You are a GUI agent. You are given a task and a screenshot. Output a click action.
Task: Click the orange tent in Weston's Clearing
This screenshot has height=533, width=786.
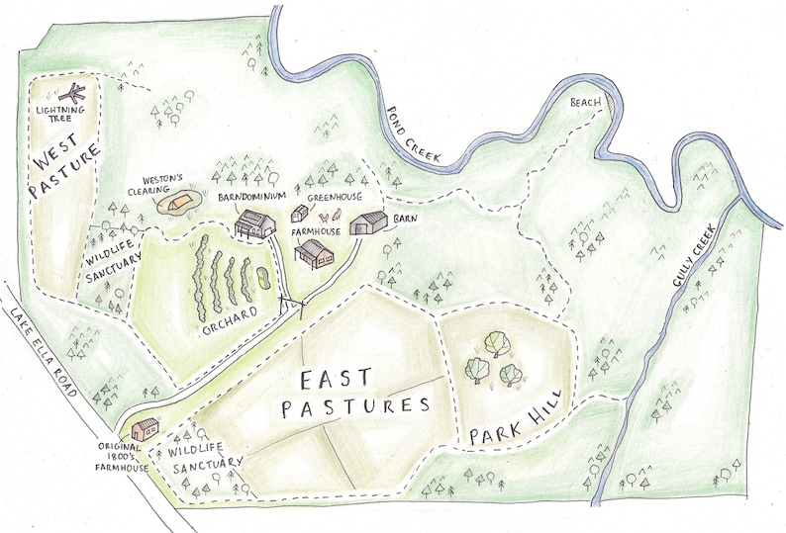(x=176, y=204)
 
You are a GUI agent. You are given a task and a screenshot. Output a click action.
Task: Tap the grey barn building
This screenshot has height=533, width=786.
(x=371, y=222)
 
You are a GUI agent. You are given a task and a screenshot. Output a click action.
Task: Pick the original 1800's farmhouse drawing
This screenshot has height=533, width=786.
(x=147, y=427)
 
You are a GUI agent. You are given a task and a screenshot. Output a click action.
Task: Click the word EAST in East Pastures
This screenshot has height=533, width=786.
(x=334, y=380)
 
